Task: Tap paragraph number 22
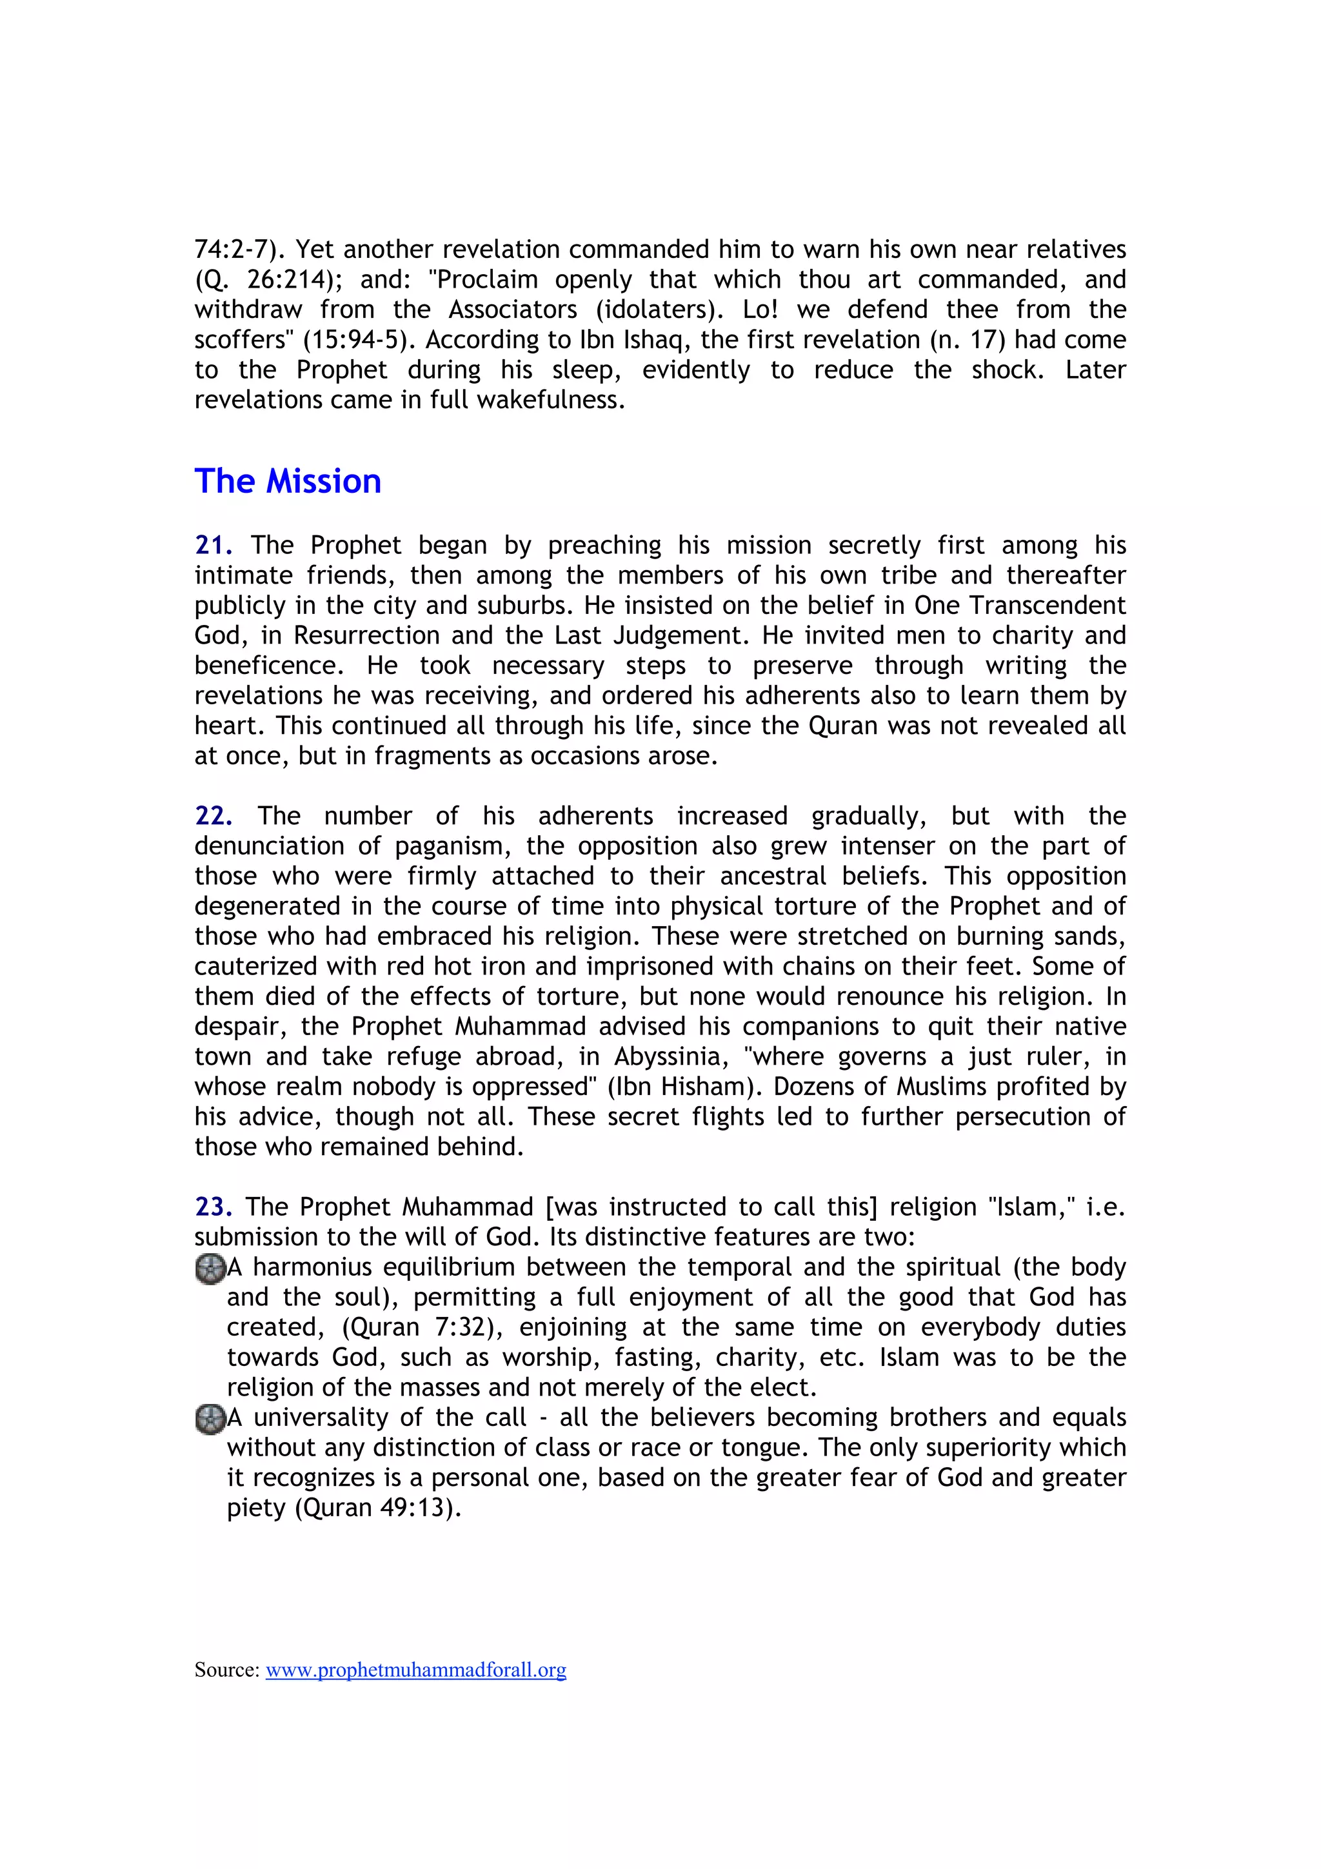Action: [214, 816]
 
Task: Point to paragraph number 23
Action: [214, 1207]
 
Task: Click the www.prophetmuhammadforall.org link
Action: [415, 1670]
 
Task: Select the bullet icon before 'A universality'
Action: [210, 1419]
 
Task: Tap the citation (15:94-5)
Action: [354, 339]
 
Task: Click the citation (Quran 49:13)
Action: [378, 1508]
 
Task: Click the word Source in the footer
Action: [226, 1670]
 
